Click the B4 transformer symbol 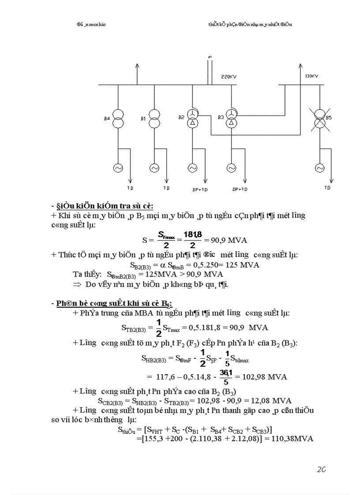pos(118,118)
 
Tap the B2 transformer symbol pos(192,118)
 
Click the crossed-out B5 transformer pos(319,118)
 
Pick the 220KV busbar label pos(229,77)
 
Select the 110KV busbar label pos(311,76)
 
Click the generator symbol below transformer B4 pos(118,168)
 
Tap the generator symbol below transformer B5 pos(319,168)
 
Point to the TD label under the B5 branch pos(327,188)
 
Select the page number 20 pos(321,470)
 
